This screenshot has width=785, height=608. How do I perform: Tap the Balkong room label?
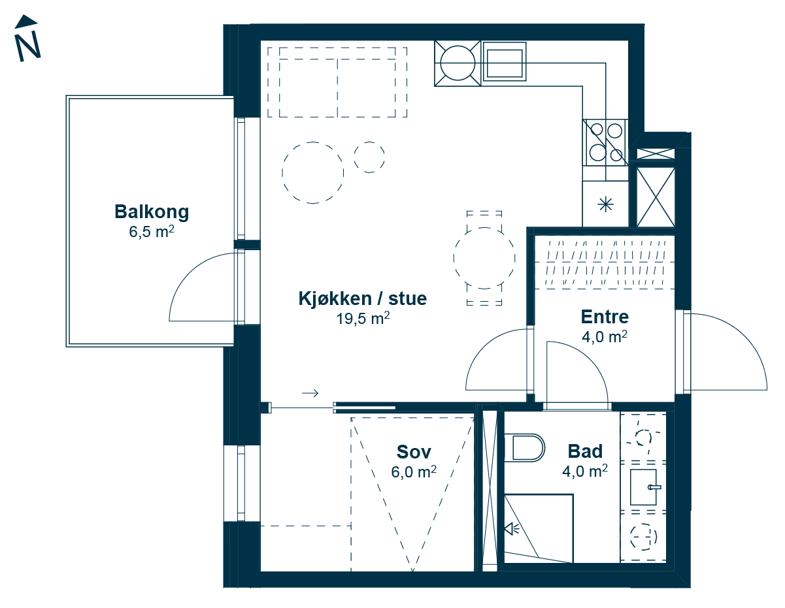tap(152, 212)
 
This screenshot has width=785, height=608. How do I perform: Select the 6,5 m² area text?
tap(152, 232)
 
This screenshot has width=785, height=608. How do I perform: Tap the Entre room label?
tap(605, 317)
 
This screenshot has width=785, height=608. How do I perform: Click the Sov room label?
tap(414, 452)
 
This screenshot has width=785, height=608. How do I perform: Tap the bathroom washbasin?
tap(644, 486)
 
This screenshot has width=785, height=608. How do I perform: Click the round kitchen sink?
tap(458, 63)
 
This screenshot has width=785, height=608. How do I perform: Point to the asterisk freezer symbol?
tap(606, 205)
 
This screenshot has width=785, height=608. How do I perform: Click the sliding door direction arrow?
tap(310, 393)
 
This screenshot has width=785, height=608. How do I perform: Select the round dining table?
tap(484, 258)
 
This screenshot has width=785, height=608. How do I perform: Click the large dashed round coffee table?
tap(313, 172)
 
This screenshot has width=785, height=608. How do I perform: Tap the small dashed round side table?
tap(369, 157)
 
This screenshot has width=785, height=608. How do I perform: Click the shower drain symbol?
tap(511, 529)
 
